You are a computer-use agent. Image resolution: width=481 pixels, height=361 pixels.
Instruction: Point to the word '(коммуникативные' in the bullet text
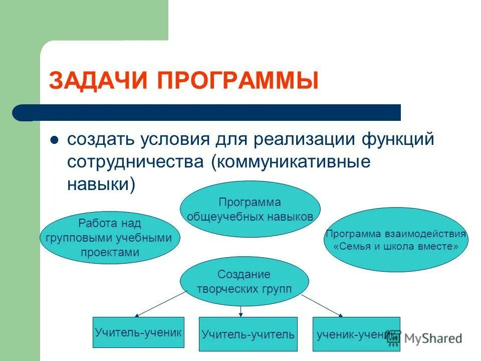[x=291, y=162]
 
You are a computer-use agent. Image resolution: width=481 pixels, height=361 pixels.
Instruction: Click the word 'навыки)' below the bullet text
[x=101, y=184]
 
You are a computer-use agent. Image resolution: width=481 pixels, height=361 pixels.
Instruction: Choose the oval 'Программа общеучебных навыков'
[x=250, y=209]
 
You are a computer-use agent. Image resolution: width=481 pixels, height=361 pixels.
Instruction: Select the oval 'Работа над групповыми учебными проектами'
[x=110, y=238]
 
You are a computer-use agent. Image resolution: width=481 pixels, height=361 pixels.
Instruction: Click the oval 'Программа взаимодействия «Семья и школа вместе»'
[x=396, y=240]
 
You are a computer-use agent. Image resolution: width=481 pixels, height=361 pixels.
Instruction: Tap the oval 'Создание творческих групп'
[x=244, y=281]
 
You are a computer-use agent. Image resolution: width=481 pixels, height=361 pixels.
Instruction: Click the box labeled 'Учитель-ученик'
[x=138, y=332]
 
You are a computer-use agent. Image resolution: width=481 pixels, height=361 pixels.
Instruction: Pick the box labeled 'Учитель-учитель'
[x=248, y=334]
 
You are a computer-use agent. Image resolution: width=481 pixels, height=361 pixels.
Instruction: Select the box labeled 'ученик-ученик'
[x=356, y=333]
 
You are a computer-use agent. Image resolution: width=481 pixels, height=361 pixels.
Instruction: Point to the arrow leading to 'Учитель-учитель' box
[x=241, y=311]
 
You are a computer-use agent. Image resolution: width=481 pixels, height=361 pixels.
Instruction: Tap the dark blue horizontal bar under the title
[x=210, y=112]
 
